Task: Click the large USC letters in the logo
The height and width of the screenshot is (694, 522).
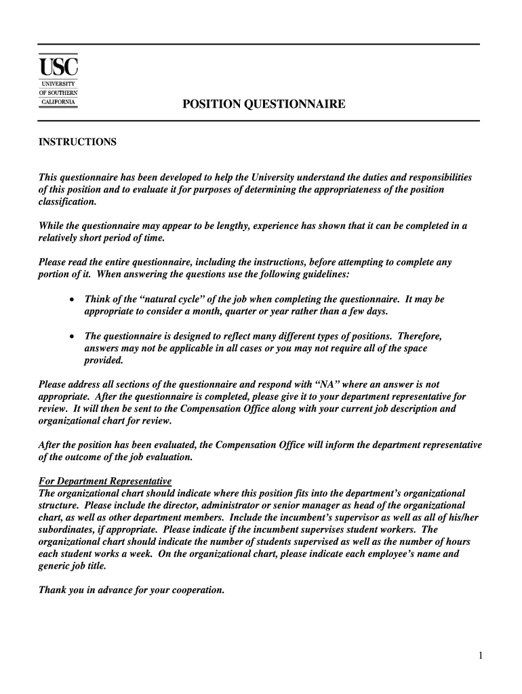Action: pos(58,67)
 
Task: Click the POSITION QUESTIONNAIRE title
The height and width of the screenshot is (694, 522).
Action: pos(263,104)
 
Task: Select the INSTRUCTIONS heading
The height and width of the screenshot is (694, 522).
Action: pos(77,142)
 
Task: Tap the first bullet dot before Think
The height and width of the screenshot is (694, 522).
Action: pos(72,300)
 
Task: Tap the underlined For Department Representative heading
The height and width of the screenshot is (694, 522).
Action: pos(105,481)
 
